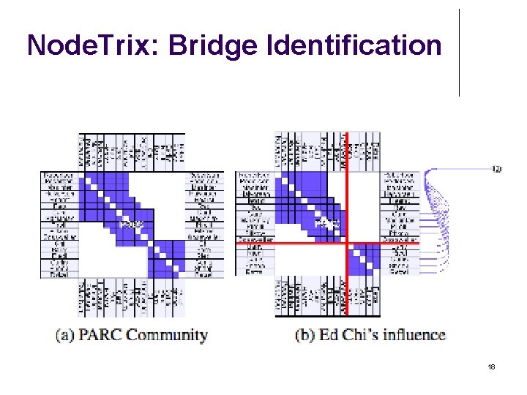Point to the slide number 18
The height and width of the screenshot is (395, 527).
tap(492, 367)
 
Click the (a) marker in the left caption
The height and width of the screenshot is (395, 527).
tap(65, 336)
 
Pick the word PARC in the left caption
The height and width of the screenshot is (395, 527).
tap(99, 336)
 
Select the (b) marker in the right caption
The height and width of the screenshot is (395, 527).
tap(305, 336)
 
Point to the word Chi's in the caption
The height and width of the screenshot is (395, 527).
tap(364, 336)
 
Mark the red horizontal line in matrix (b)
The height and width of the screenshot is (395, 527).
tap(307, 242)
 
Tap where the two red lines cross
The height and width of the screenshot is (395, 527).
tap(347, 242)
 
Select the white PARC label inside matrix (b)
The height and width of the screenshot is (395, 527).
tap(324, 223)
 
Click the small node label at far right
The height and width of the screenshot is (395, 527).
tap(497, 170)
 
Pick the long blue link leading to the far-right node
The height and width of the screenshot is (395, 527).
tap(461, 170)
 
